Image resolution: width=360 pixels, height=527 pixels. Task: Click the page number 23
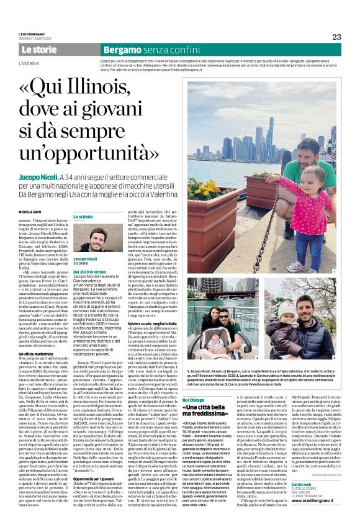tap(336, 36)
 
